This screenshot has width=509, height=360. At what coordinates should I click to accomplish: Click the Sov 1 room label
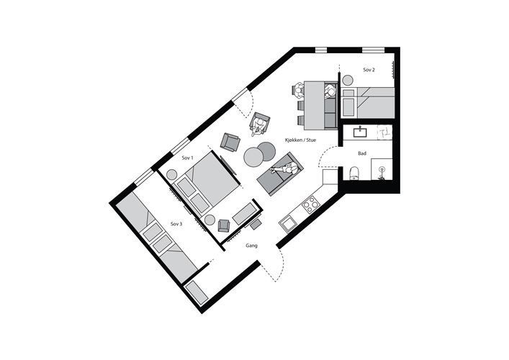(x=188, y=158)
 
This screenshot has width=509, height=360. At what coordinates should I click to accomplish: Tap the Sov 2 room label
(x=369, y=70)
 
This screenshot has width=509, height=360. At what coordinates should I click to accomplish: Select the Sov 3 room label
(x=176, y=224)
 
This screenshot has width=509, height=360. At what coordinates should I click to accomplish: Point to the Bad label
(x=362, y=153)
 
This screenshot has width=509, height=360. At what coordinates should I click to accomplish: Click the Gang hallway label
(x=251, y=246)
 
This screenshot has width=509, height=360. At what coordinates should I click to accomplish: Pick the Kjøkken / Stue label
(x=301, y=140)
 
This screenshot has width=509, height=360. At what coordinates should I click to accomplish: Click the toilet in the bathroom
(x=353, y=174)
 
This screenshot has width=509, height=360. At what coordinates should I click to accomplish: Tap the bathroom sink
(x=360, y=132)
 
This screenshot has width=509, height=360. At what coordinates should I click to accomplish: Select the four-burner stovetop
(x=311, y=204)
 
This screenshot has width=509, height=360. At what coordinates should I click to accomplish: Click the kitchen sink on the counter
(x=288, y=223)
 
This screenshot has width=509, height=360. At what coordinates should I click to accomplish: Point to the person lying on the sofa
(x=284, y=168)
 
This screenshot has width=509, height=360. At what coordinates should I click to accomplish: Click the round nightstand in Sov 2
(x=348, y=80)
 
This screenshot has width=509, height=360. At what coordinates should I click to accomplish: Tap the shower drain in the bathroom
(x=382, y=168)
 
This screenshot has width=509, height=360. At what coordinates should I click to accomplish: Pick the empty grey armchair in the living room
(x=230, y=142)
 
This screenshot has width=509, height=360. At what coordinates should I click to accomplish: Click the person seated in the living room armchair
(x=259, y=125)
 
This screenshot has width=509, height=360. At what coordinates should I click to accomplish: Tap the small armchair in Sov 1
(x=224, y=225)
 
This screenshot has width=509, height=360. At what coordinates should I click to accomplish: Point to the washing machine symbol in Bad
(x=384, y=132)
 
